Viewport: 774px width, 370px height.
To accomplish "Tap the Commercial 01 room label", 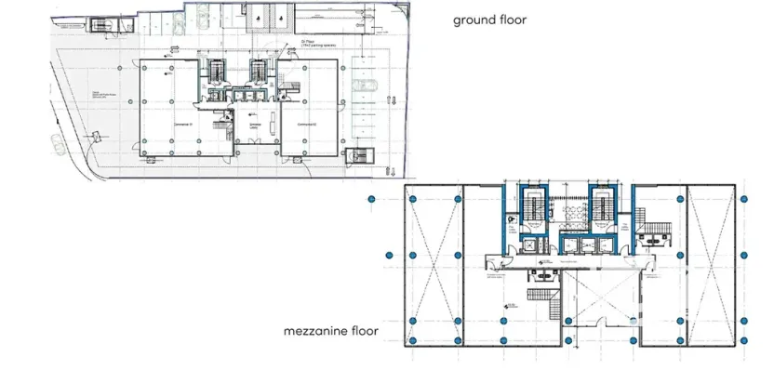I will click(x=182, y=123).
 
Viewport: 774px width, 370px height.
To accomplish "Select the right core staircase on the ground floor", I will click(x=258, y=71).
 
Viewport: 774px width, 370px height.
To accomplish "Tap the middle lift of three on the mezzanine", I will click(x=568, y=244).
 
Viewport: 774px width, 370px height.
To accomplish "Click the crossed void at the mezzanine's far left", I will click(x=434, y=264).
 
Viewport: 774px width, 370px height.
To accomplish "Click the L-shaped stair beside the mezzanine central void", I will click(x=544, y=301).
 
